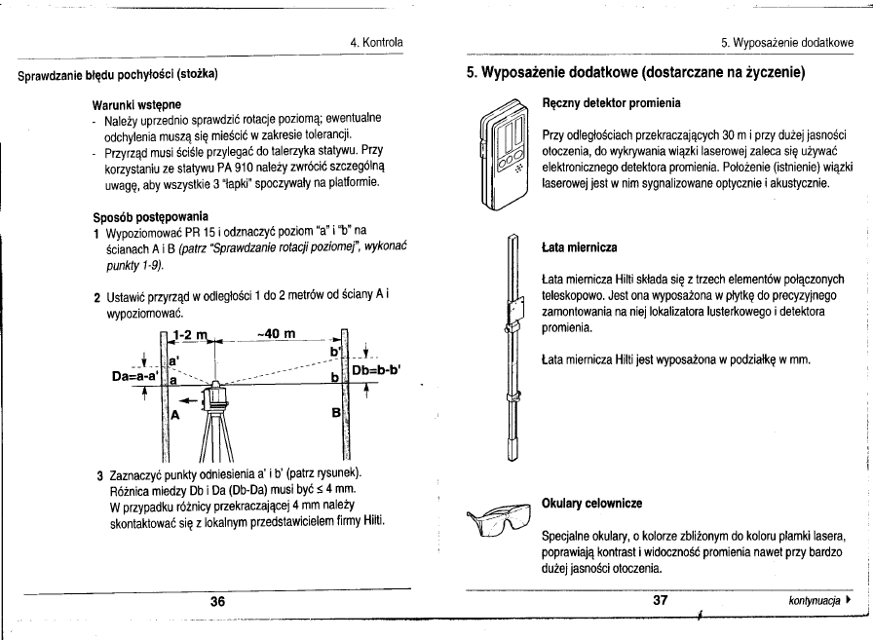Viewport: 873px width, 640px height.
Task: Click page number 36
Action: coord(218,601)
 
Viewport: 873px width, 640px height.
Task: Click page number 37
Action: coord(659,601)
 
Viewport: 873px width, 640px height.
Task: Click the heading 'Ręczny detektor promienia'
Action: coord(611,101)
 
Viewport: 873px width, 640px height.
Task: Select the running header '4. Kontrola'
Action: coord(377,42)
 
